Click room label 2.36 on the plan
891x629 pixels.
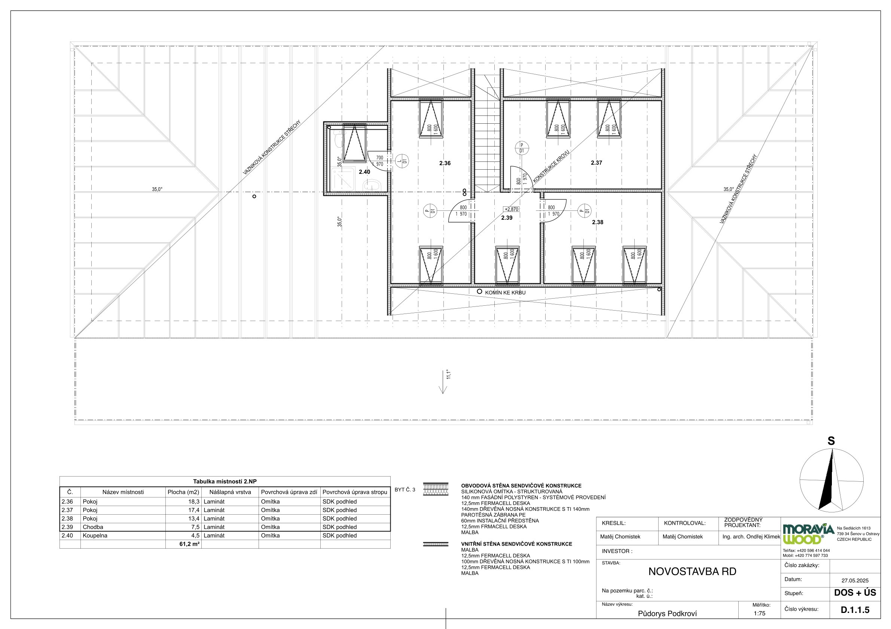click(445, 163)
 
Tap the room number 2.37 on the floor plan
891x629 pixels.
click(596, 163)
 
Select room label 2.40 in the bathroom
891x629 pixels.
click(364, 172)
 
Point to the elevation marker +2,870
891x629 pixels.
click(511, 209)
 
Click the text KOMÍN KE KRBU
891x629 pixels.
click(505, 293)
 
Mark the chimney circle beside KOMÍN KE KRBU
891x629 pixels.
click(479, 291)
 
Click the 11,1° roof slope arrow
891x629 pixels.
click(443, 382)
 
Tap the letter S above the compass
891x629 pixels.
click(831, 441)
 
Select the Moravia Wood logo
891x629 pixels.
click(808, 534)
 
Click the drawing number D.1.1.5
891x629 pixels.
click(855, 610)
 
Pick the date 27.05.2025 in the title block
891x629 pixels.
click(855, 580)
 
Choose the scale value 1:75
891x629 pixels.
click(759, 614)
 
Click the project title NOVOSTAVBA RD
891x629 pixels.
click(692, 572)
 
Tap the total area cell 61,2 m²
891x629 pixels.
click(189, 544)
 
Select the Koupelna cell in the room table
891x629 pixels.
click(95, 536)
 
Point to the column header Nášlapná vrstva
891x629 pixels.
click(230, 492)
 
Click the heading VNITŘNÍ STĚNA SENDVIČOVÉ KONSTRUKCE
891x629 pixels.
click(516, 544)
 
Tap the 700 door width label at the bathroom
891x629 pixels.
click(379, 158)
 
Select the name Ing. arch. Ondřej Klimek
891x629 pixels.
click(751, 537)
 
